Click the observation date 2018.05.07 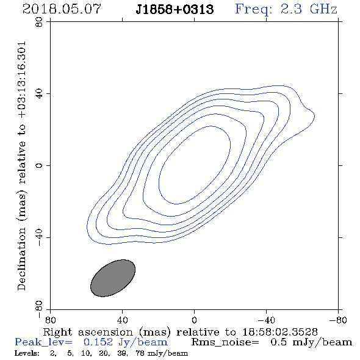pos(62,9)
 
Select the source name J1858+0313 pos(175,10)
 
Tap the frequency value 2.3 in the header pos(291,9)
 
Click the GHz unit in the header pos(324,9)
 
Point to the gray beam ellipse pos(113,278)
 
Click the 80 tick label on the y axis pos(40,22)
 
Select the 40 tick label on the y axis pos(40,94)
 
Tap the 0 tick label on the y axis pos(40,165)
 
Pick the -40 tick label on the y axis pos(40,237)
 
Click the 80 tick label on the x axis pos(50,320)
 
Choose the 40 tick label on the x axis pos(123,320)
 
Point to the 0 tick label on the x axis pos(194,320)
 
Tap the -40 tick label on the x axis pos(266,320)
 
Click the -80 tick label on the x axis pos(338,320)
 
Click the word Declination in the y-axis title pos(21,259)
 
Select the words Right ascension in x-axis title pos(88,332)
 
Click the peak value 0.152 pos(98,342)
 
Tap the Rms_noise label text pos(225,342)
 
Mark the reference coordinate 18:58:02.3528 pos(280,332)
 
